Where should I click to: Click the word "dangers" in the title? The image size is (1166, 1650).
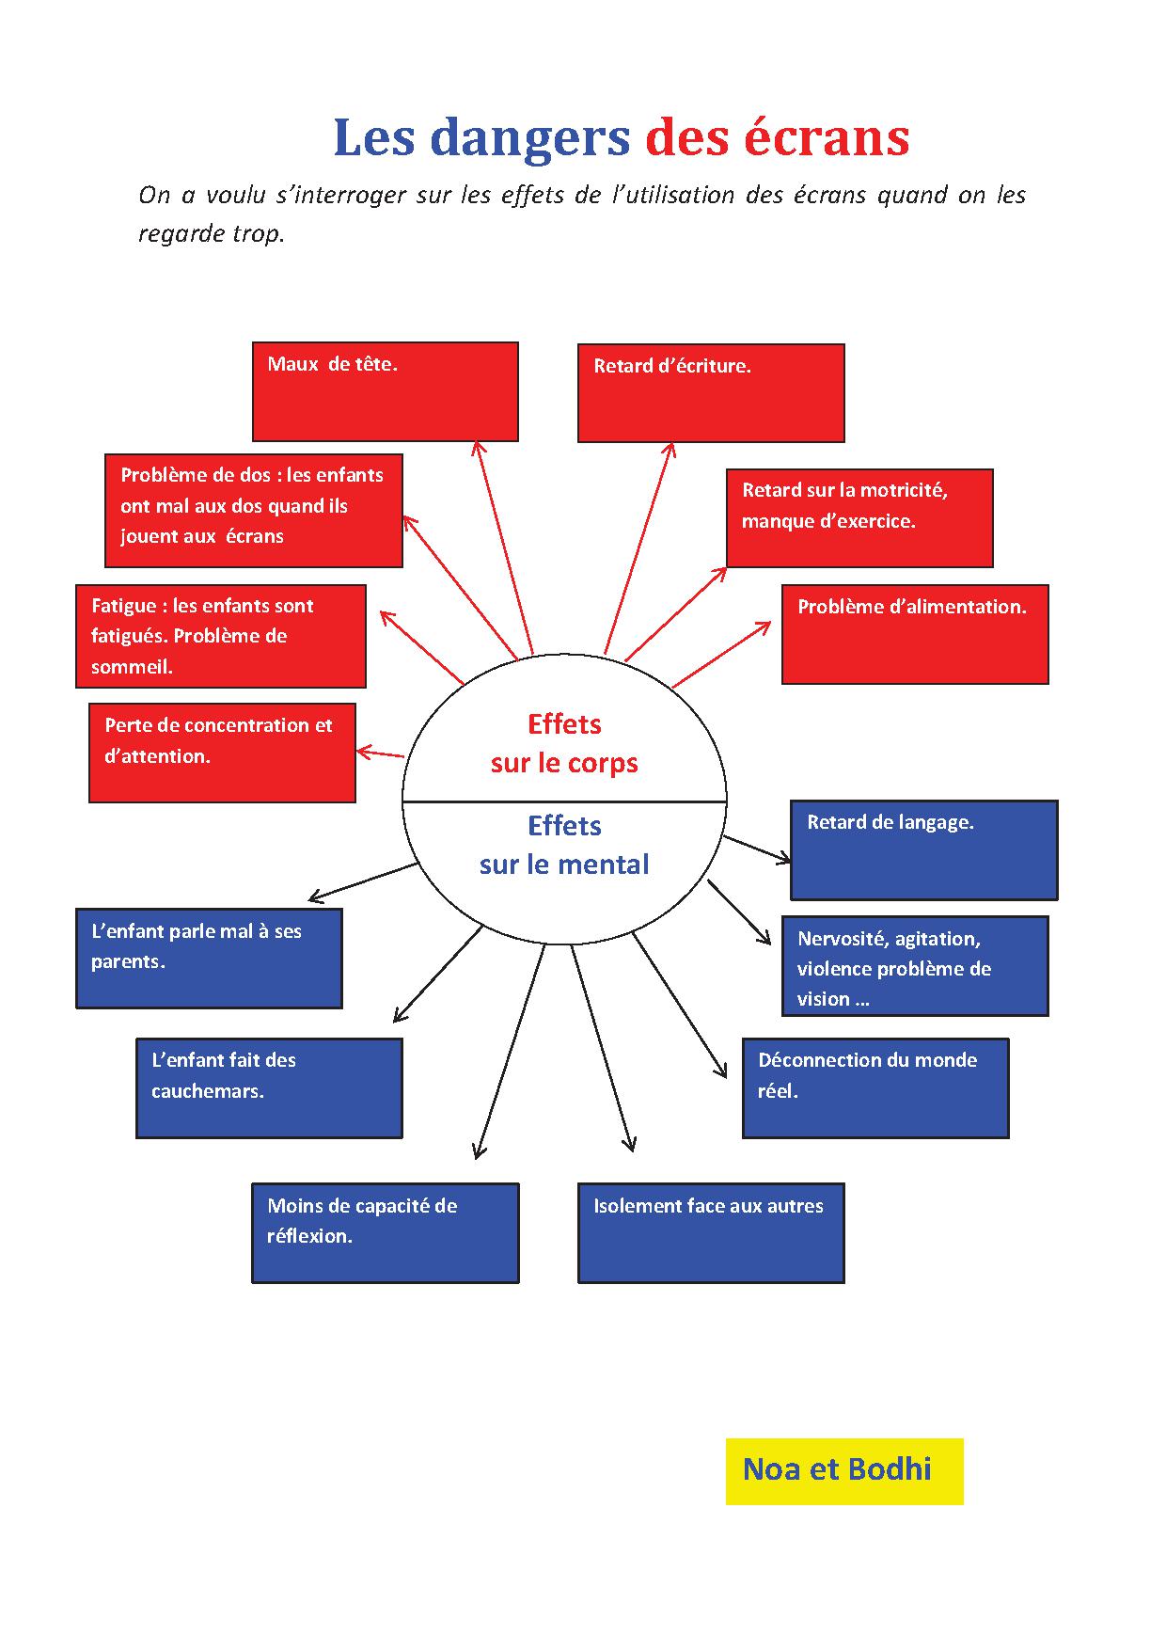(x=529, y=138)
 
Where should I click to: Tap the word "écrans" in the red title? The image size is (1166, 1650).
(x=827, y=138)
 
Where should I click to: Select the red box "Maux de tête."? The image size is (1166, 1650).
(x=385, y=391)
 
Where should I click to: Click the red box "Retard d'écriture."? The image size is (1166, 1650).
(x=710, y=393)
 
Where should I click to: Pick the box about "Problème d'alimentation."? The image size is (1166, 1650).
(x=914, y=634)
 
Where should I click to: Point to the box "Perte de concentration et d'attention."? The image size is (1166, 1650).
(x=222, y=753)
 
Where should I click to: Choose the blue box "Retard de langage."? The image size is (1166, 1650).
(x=923, y=849)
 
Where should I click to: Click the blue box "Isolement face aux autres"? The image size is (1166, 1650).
(x=710, y=1232)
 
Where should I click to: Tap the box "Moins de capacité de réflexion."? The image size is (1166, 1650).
(x=385, y=1232)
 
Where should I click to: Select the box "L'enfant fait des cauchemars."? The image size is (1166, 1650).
(x=269, y=1087)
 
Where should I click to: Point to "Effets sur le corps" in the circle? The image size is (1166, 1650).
(x=564, y=743)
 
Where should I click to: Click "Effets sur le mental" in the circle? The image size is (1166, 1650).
(x=564, y=845)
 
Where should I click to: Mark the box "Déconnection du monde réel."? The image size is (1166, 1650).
(x=874, y=1087)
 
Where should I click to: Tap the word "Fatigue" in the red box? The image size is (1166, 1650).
(x=123, y=606)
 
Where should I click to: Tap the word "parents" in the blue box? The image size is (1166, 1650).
(x=125, y=962)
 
